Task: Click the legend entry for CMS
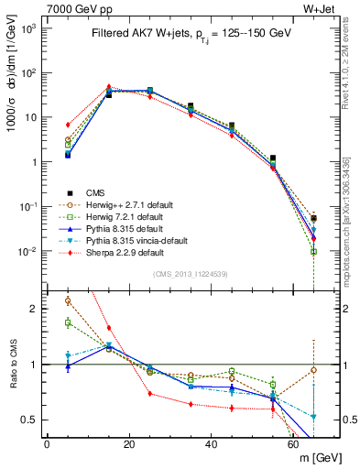click(93, 192)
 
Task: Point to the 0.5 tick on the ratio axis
click(32, 420)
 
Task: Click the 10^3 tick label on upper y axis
click(29, 28)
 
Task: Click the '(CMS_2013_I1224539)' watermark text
click(190, 272)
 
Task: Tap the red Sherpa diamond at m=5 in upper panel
click(68, 125)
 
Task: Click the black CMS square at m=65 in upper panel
click(314, 219)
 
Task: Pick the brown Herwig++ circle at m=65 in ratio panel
click(314, 370)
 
